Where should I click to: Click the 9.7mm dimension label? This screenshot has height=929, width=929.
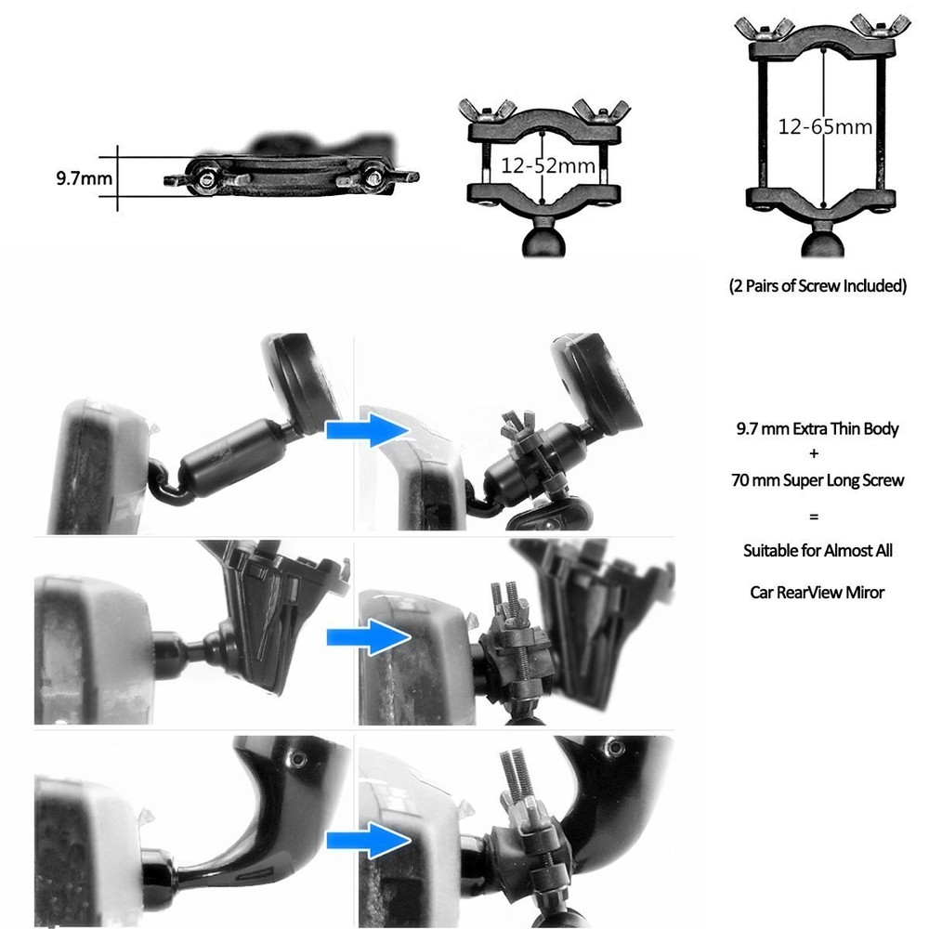83,177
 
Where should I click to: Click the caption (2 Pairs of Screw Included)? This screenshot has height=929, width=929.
818,285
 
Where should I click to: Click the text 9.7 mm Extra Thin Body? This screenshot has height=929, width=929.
818,429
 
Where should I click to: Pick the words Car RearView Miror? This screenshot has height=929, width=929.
818,591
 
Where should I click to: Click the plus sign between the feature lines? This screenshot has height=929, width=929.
818,454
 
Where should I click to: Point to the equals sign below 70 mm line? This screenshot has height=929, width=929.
818,515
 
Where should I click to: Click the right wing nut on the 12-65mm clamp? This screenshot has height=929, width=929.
876,28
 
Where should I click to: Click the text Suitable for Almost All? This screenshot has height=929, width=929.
818,550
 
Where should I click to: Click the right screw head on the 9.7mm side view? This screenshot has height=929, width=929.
373,173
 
